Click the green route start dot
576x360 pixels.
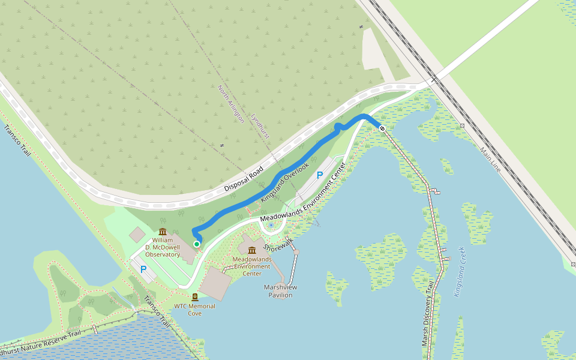(197, 244)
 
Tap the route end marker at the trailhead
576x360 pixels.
(382, 128)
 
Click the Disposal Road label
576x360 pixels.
(244, 179)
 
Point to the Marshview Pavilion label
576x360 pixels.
(281, 291)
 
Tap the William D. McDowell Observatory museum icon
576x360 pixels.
(163, 232)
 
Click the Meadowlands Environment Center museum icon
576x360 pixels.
(252, 250)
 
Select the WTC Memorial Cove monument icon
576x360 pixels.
(195, 297)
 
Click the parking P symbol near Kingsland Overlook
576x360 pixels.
(320, 175)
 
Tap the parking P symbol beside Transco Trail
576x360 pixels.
(143, 269)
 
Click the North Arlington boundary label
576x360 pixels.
(231, 104)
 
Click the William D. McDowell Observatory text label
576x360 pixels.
(163, 247)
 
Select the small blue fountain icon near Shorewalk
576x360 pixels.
(271, 225)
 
